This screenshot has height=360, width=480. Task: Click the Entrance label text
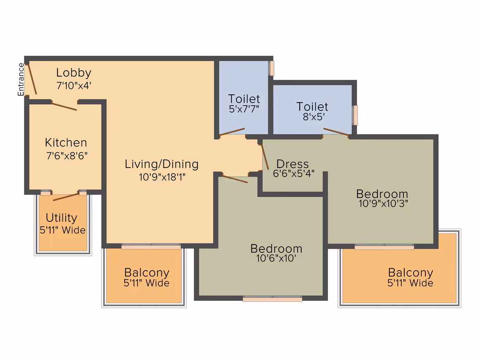(x=21, y=79)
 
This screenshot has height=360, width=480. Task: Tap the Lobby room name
(x=74, y=73)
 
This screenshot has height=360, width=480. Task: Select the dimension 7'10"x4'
(x=74, y=85)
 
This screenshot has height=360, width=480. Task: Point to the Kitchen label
(x=66, y=143)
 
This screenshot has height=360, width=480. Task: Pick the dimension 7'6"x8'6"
(x=67, y=156)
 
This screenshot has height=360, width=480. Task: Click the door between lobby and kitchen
(x=64, y=106)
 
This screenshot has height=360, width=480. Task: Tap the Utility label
(x=61, y=218)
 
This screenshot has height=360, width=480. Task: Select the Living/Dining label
(x=161, y=164)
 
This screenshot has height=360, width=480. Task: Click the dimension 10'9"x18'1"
(x=162, y=177)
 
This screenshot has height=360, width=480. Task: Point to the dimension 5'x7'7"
(x=244, y=109)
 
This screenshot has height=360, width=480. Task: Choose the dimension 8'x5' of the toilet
(x=314, y=117)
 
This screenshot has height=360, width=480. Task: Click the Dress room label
(x=293, y=164)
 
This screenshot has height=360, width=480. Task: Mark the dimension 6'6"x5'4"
(x=293, y=173)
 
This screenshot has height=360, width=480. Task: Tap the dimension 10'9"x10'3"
(x=383, y=204)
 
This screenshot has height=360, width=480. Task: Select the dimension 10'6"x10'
(x=276, y=258)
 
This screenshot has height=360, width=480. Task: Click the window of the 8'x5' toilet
(x=355, y=115)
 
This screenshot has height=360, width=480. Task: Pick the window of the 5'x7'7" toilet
(x=271, y=68)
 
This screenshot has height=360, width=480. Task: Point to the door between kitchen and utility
(x=66, y=197)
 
